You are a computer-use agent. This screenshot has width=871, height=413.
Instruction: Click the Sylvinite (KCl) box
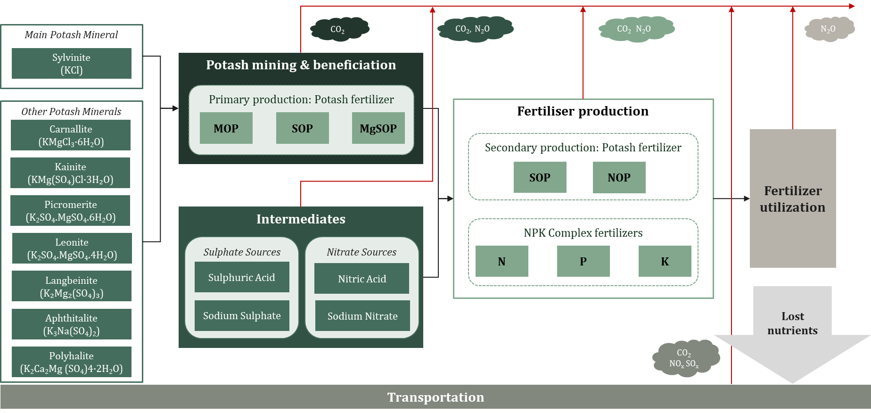pyautogui.click(x=71, y=64)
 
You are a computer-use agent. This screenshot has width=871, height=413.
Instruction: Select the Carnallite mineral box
pyautogui.click(x=71, y=135)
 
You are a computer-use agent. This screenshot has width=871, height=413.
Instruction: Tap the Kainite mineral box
pyautogui.click(x=70, y=173)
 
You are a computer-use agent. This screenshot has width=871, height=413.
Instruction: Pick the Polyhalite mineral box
pyautogui.click(x=71, y=362)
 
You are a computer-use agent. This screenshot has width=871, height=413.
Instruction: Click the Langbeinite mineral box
pyautogui.click(x=71, y=286)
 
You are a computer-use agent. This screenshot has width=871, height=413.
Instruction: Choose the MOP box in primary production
pyautogui.click(x=226, y=128)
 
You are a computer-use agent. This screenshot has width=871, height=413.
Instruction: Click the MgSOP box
pyautogui.click(x=378, y=128)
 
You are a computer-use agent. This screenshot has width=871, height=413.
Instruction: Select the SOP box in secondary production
pyautogui.click(x=540, y=178)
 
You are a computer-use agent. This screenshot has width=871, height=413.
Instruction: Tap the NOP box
pyautogui.click(x=619, y=178)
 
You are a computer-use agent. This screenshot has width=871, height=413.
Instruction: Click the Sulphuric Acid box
pyautogui.click(x=242, y=278)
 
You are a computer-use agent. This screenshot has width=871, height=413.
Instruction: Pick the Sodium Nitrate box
pyautogui.click(x=362, y=316)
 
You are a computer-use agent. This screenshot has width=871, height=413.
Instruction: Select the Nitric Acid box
pyautogui.click(x=362, y=279)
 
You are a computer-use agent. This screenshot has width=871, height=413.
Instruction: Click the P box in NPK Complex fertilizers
pyautogui.click(x=583, y=261)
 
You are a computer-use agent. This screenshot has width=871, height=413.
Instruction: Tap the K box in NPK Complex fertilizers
pyautogui.click(x=665, y=261)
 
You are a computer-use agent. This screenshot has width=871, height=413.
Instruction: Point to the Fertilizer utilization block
pyautogui.click(x=792, y=198)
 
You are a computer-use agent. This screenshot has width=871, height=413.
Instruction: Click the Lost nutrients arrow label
pyautogui.click(x=792, y=323)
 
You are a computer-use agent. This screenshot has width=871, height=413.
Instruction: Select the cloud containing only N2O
pyautogui.click(x=828, y=29)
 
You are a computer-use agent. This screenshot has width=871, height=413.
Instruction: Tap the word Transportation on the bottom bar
pyautogui.click(x=435, y=397)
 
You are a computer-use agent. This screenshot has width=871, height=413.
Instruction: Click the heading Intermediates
pyautogui.click(x=301, y=219)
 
